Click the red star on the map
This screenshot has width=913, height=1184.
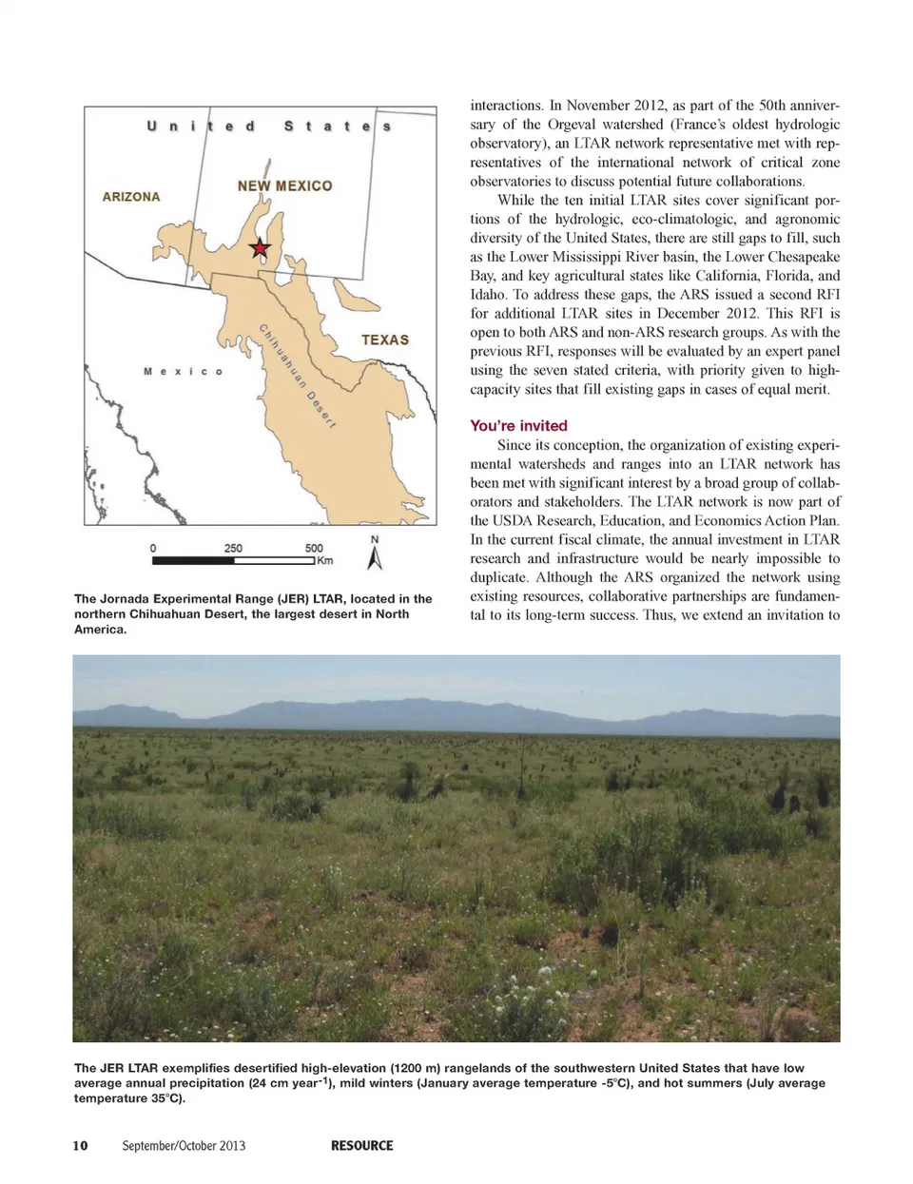click(260, 249)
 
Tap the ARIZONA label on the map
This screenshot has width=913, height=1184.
click(131, 197)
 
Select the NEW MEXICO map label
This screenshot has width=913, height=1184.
click(284, 186)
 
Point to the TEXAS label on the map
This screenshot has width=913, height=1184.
click(385, 340)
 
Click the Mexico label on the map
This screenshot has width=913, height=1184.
click(183, 372)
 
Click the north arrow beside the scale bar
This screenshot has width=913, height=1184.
click(375, 553)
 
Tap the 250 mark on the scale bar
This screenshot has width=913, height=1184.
click(233, 549)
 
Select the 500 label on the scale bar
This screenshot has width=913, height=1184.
click(314, 549)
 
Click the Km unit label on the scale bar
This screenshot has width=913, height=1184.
click(325, 561)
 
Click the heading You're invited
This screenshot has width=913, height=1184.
click(518, 426)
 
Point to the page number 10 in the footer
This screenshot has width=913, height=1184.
click(80, 1146)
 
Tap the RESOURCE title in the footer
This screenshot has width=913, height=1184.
click(361, 1146)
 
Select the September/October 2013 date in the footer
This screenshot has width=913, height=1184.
click(184, 1146)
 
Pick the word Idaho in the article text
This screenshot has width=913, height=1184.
click(488, 295)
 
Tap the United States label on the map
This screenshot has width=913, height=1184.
click(269, 126)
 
